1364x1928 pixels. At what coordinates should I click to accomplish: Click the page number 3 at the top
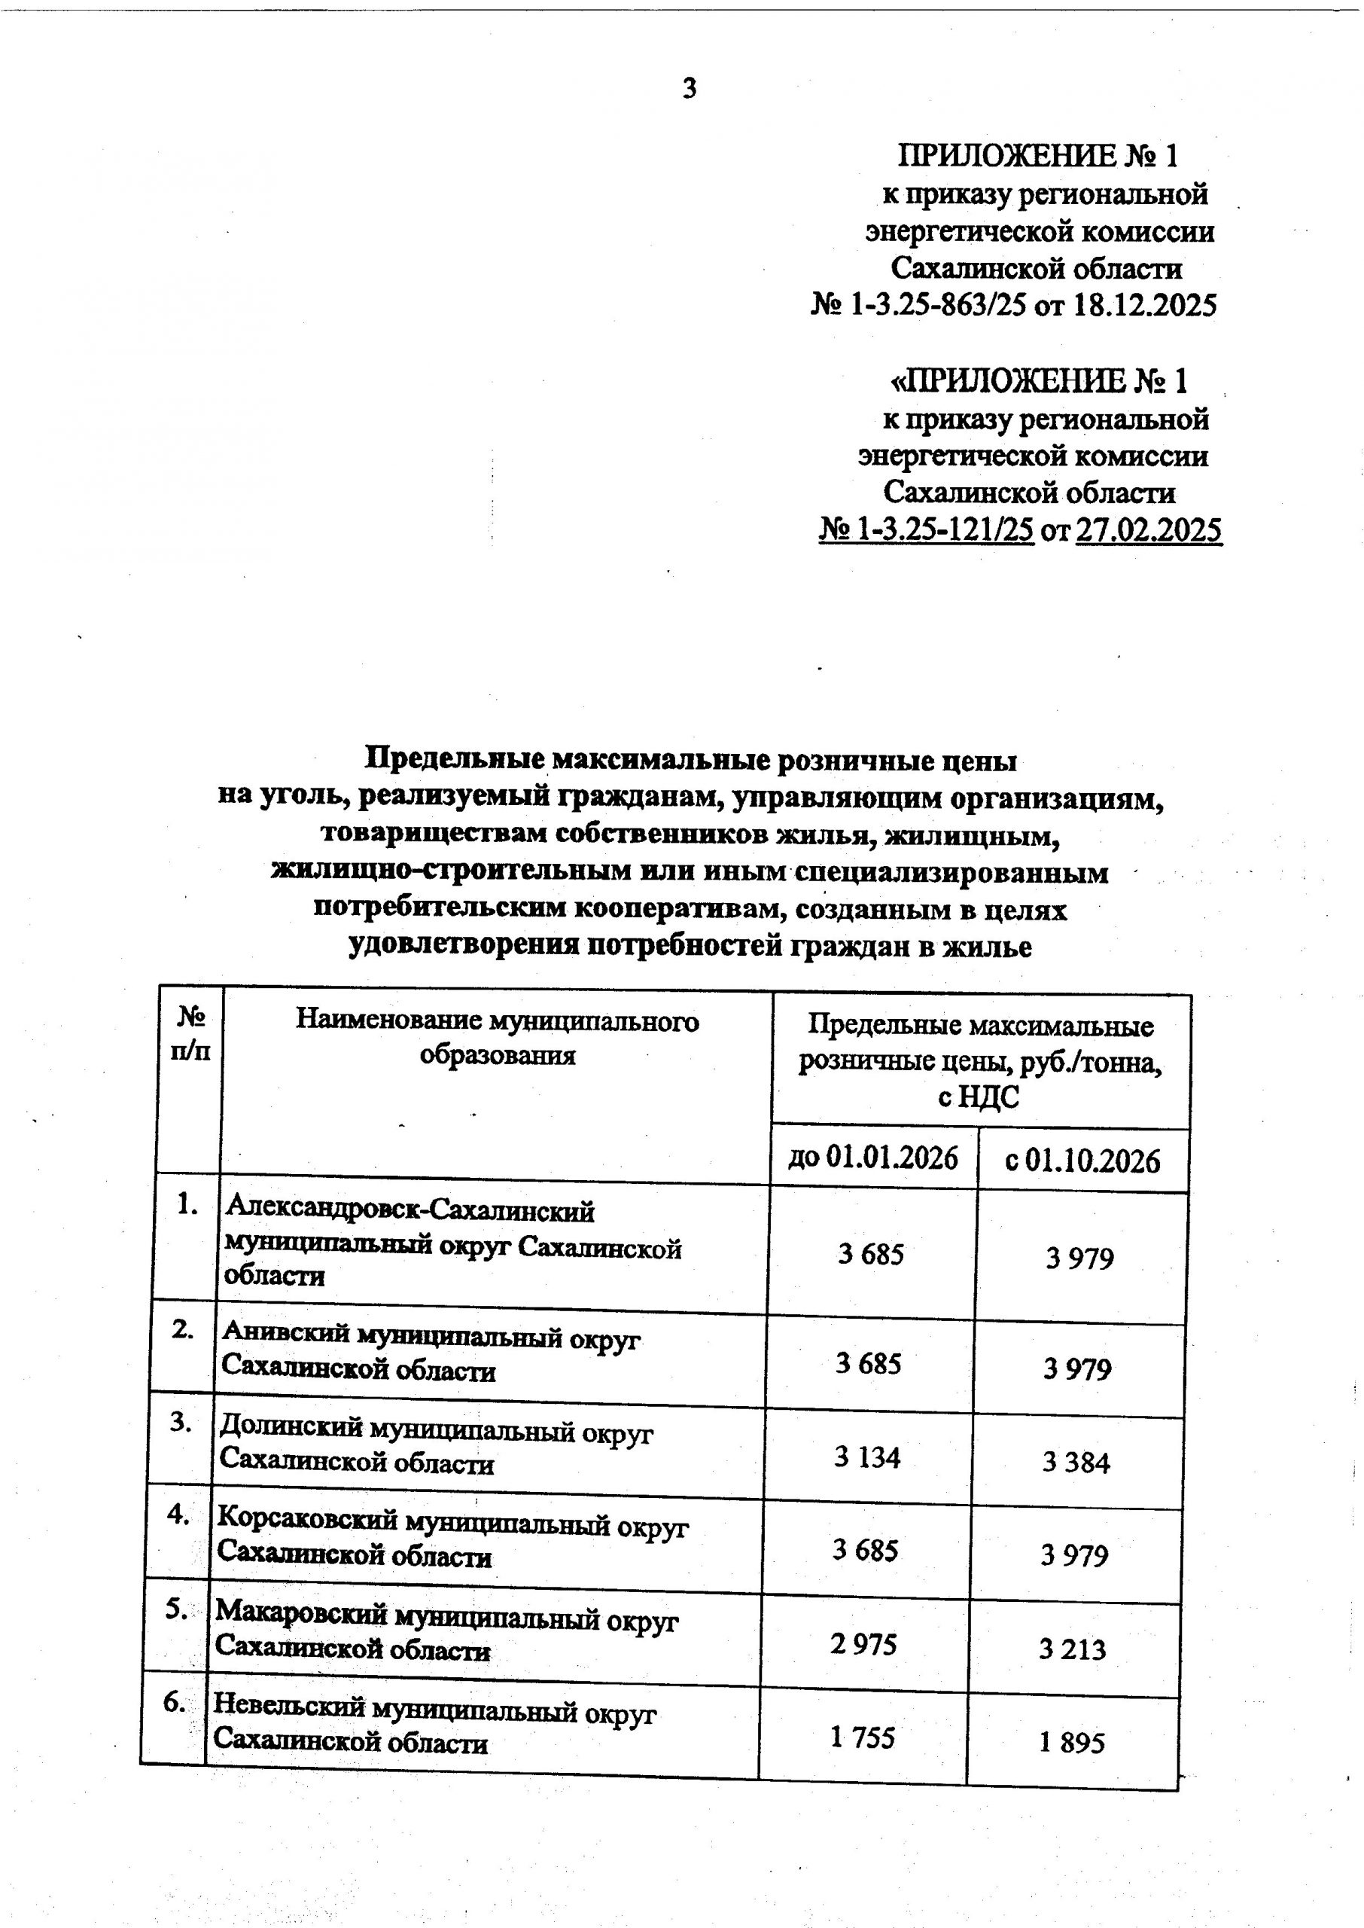(689, 88)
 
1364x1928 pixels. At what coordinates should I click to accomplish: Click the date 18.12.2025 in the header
(1145, 304)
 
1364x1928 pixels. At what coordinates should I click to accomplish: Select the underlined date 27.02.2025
(1148, 530)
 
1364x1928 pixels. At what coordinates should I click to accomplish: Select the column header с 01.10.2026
(1082, 1161)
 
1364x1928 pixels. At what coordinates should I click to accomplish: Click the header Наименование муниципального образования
(498, 1038)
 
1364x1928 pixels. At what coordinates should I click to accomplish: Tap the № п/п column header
(190, 1034)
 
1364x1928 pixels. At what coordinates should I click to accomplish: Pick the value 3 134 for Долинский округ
(866, 1456)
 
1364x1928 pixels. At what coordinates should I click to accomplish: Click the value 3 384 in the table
(1076, 1463)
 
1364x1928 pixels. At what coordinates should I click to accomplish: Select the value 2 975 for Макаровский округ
(863, 1643)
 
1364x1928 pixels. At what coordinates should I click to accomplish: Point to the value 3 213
(1073, 1649)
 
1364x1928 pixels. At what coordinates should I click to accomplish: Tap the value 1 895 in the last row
(1072, 1742)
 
